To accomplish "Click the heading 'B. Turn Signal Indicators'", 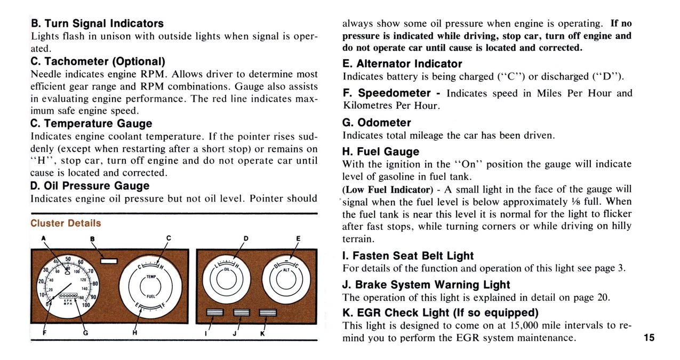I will (97, 23).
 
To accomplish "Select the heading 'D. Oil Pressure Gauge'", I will (90, 186).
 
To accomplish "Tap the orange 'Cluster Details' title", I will (66, 223).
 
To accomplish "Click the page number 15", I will (649, 338).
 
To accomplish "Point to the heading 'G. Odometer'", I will (377, 123).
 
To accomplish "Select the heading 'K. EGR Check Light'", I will (440, 312).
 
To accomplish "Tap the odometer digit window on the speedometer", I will (68, 295).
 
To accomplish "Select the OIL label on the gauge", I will (226, 269).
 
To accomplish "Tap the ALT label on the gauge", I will (286, 270).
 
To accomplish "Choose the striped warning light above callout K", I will (268, 313).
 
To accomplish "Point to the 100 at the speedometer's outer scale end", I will (85, 305).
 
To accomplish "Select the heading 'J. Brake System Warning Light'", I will (426, 285).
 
